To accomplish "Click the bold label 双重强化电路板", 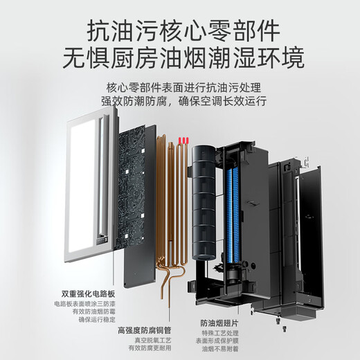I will [x=82, y=294].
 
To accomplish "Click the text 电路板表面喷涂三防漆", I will [x=82, y=305].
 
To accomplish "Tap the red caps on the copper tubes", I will [x=181, y=141].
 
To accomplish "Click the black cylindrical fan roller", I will [x=204, y=208].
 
